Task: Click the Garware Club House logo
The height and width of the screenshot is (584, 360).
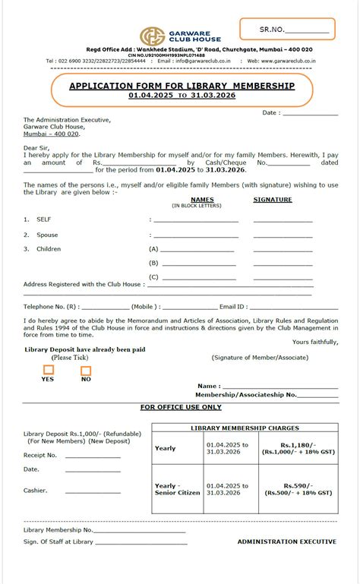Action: [x=151, y=36]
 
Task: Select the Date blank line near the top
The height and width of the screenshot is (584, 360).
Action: [x=311, y=114]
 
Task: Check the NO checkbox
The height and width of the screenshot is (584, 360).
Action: [x=86, y=371]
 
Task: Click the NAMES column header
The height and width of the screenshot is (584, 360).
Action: [x=202, y=200]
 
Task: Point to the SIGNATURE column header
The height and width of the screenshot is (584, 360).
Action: [x=272, y=200]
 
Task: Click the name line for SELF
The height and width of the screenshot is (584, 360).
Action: [x=196, y=220]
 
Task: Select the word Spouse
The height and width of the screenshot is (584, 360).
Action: [x=47, y=235]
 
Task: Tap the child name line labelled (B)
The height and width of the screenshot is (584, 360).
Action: [x=197, y=264]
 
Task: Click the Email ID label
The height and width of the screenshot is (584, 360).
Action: [x=233, y=307]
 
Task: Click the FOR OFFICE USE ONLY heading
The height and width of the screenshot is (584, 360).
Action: [x=180, y=407]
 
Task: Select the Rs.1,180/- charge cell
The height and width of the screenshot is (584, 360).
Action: [x=297, y=448]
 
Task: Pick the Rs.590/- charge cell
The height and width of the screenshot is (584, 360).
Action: [x=297, y=488]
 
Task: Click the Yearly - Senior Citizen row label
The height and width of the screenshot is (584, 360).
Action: [x=178, y=488]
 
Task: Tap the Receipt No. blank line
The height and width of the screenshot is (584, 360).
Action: [x=93, y=457]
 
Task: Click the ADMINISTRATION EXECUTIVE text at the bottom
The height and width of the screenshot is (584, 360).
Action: [x=286, y=541]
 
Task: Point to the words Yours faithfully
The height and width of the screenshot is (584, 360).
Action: [x=315, y=342]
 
